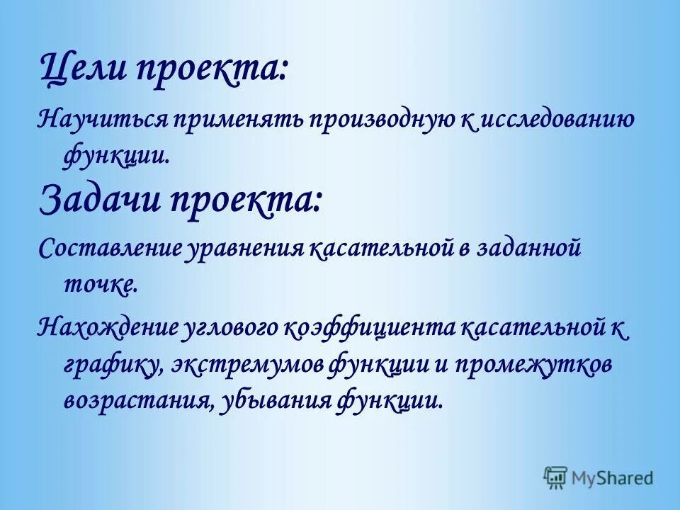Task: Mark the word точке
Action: pyautogui.click(x=97, y=285)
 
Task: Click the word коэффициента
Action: pyautogui.click(x=370, y=328)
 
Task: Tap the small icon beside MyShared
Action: pyautogui.click(x=556, y=477)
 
